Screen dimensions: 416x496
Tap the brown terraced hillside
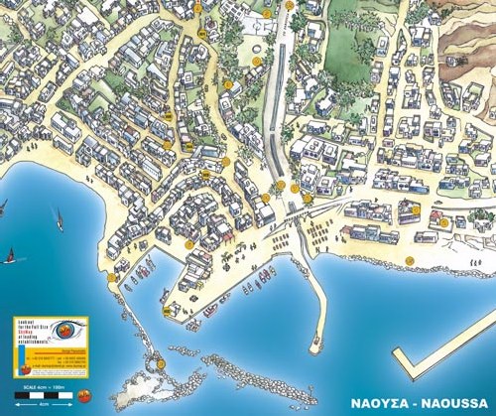466,50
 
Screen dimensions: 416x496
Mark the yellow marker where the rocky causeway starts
113,279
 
